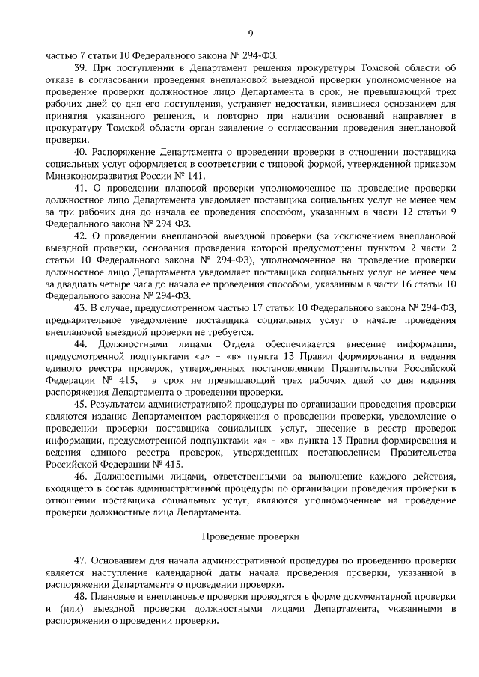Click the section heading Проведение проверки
coord(251,536)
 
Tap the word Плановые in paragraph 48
coord(113,596)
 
